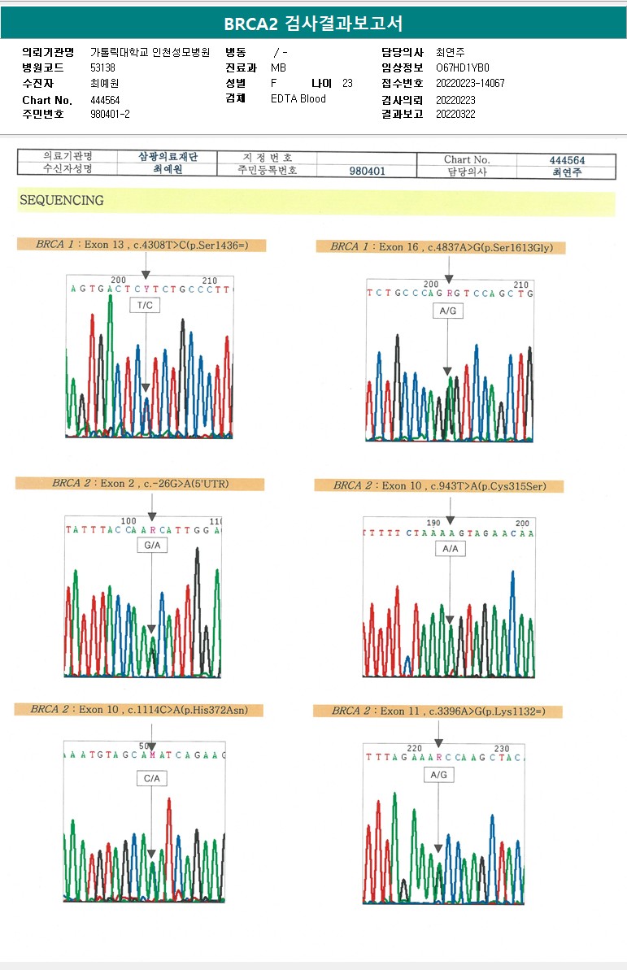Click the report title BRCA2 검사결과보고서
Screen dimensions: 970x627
[x=313, y=23]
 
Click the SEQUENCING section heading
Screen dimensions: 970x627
[x=62, y=200]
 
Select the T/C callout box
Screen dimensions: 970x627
[x=145, y=305]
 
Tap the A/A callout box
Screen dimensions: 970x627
[x=450, y=549]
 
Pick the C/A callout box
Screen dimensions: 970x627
[x=151, y=778]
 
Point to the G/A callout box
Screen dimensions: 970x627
[x=151, y=546]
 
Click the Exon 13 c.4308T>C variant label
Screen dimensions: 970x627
[x=142, y=245]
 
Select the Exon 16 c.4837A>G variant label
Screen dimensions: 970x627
[x=441, y=247]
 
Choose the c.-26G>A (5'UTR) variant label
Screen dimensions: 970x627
[x=140, y=484]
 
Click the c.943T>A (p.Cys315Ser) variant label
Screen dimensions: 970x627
[x=439, y=486]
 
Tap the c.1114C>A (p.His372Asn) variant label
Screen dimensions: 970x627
[x=140, y=710]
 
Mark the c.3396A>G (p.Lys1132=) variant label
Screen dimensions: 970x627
[x=438, y=711]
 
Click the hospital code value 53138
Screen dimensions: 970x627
[x=103, y=68]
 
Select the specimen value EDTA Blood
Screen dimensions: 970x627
[x=298, y=98]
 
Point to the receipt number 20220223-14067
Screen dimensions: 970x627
[x=470, y=84]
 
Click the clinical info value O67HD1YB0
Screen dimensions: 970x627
[x=463, y=68]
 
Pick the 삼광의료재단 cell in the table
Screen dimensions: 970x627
[x=168, y=157]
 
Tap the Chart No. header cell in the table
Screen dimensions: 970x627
[x=467, y=160]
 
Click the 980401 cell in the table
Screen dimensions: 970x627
[x=367, y=172]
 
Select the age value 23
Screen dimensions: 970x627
[x=347, y=84]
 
